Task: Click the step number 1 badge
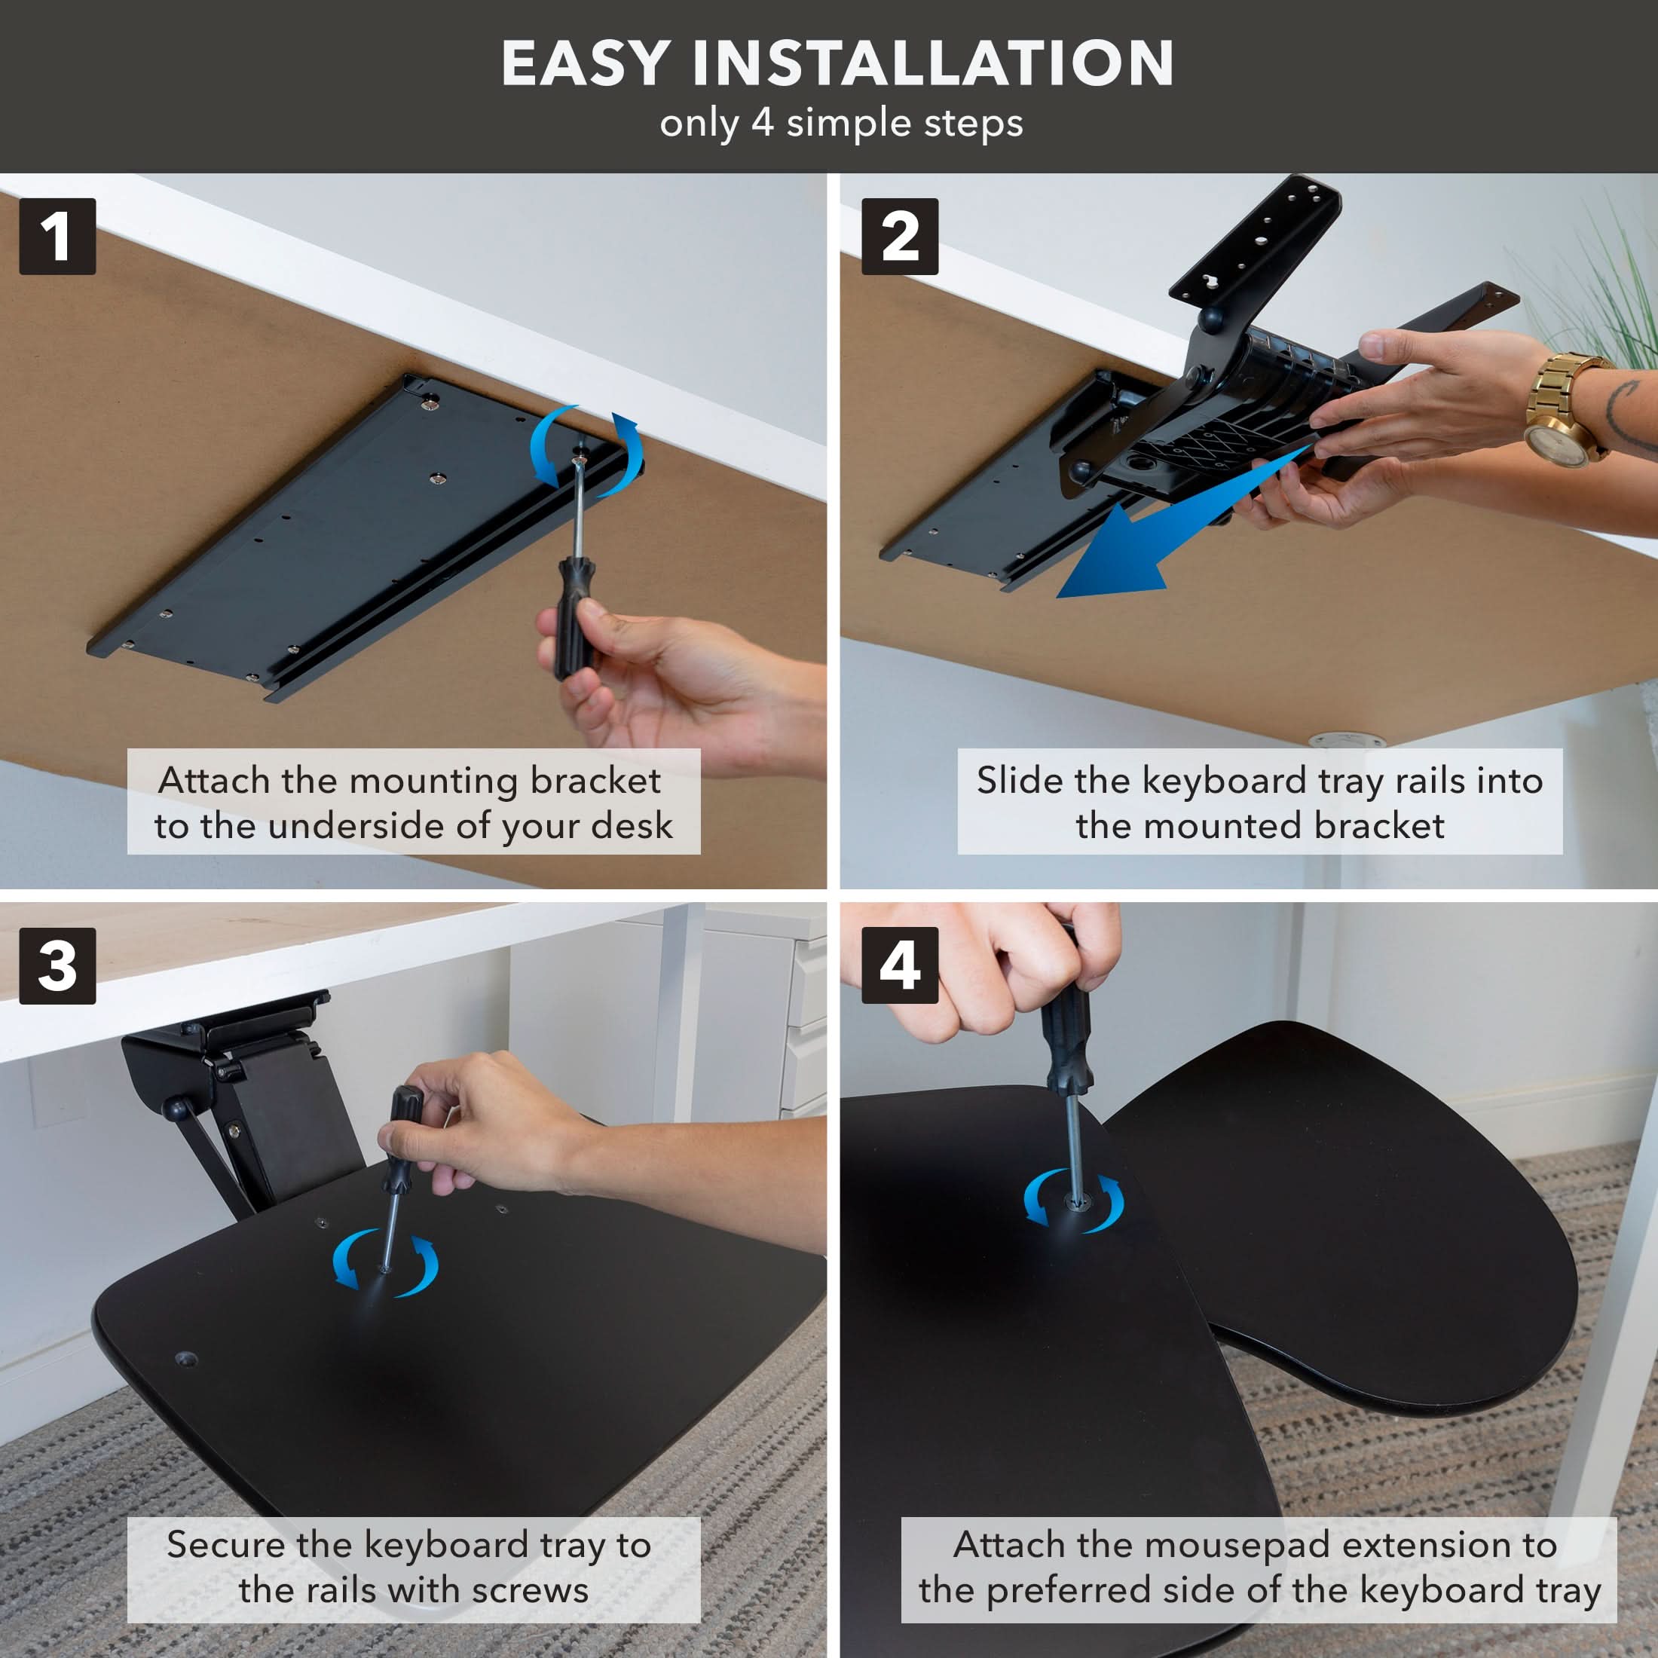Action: click(x=57, y=236)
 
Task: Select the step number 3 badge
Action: click(x=57, y=965)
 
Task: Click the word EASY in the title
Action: click(x=586, y=63)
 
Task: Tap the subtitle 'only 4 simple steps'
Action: click(x=841, y=123)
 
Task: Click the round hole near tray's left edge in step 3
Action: click(x=185, y=1359)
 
